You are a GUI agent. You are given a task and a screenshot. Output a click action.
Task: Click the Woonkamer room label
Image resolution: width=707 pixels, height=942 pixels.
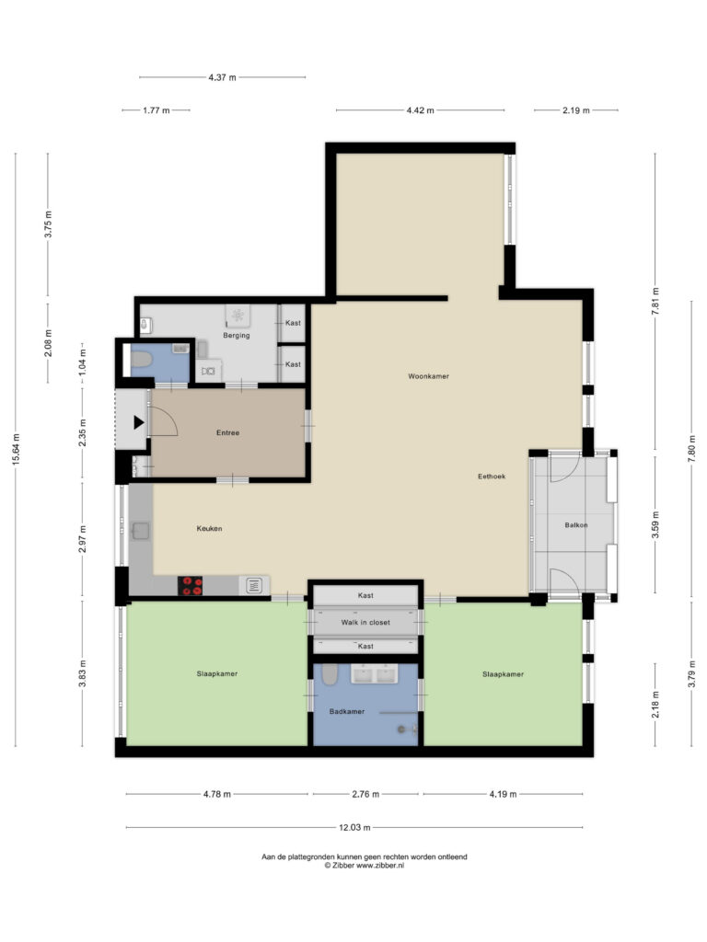pyautogui.click(x=429, y=376)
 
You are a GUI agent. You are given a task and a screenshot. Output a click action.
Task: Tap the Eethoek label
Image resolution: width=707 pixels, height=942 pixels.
pyautogui.click(x=492, y=477)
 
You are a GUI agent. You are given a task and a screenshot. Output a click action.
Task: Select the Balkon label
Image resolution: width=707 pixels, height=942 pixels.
pyautogui.click(x=576, y=525)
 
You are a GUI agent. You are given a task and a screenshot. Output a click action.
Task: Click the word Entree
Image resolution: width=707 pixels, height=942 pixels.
pyautogui.click(x=228, y=432)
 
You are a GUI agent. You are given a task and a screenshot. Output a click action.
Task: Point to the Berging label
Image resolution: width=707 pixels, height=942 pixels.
pyautogui.click(x=237, y=335)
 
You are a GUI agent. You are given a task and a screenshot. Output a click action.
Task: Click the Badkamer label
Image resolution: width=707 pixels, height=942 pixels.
pyautogui.click(x=347, y=711)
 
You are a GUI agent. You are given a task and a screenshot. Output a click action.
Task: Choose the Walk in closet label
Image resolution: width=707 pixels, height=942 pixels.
pyautogui.click(x=365, y=623)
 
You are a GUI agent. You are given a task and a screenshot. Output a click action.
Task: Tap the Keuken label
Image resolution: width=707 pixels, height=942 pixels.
pyautogui.click(x=209, y=529)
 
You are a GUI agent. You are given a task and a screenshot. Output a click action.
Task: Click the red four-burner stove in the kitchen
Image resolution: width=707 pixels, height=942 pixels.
pyautogui.click(x=190, y=586)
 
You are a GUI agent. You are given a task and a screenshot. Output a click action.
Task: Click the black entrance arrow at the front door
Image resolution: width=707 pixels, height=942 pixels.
pyautogui.click(x=138, y=422)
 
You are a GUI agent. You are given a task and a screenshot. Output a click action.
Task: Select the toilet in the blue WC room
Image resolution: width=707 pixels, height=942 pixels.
pyautogui.click(x=141, y=360)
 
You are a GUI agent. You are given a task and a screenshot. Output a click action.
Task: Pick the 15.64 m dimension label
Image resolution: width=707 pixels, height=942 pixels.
pyautogui.click(x=17, y=449)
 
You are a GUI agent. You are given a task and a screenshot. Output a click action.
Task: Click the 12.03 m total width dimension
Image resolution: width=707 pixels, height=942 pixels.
pyautogui.click(x=354, y=827)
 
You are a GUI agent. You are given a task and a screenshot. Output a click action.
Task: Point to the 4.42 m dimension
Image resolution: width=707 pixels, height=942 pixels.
pyautogui.click(x=420, y=110)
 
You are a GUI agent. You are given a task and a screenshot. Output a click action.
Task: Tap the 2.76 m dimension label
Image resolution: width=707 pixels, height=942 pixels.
pyautogui.click(x=365, y=794)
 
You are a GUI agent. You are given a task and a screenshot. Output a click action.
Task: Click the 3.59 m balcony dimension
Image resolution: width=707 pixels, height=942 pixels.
pyautogui.click(x=655, y=524)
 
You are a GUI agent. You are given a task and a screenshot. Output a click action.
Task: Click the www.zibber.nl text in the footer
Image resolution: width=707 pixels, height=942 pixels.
pyautogui.click(x=380, y=866)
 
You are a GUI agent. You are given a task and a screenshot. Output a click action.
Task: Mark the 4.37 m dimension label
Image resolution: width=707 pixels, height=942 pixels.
pyautogui.click(x=223, y=77)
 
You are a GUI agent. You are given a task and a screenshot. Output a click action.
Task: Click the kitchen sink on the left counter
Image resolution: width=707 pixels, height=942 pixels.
pyautogui.click(x=141, y=531)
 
